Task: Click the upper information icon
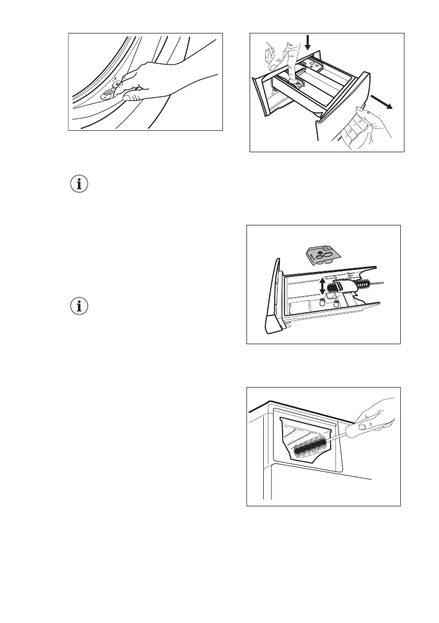(x=80, y=184)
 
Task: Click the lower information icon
(x=80, y=307)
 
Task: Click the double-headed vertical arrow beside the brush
(x=322, y=287)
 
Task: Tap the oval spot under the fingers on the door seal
(x=109, y=93)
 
